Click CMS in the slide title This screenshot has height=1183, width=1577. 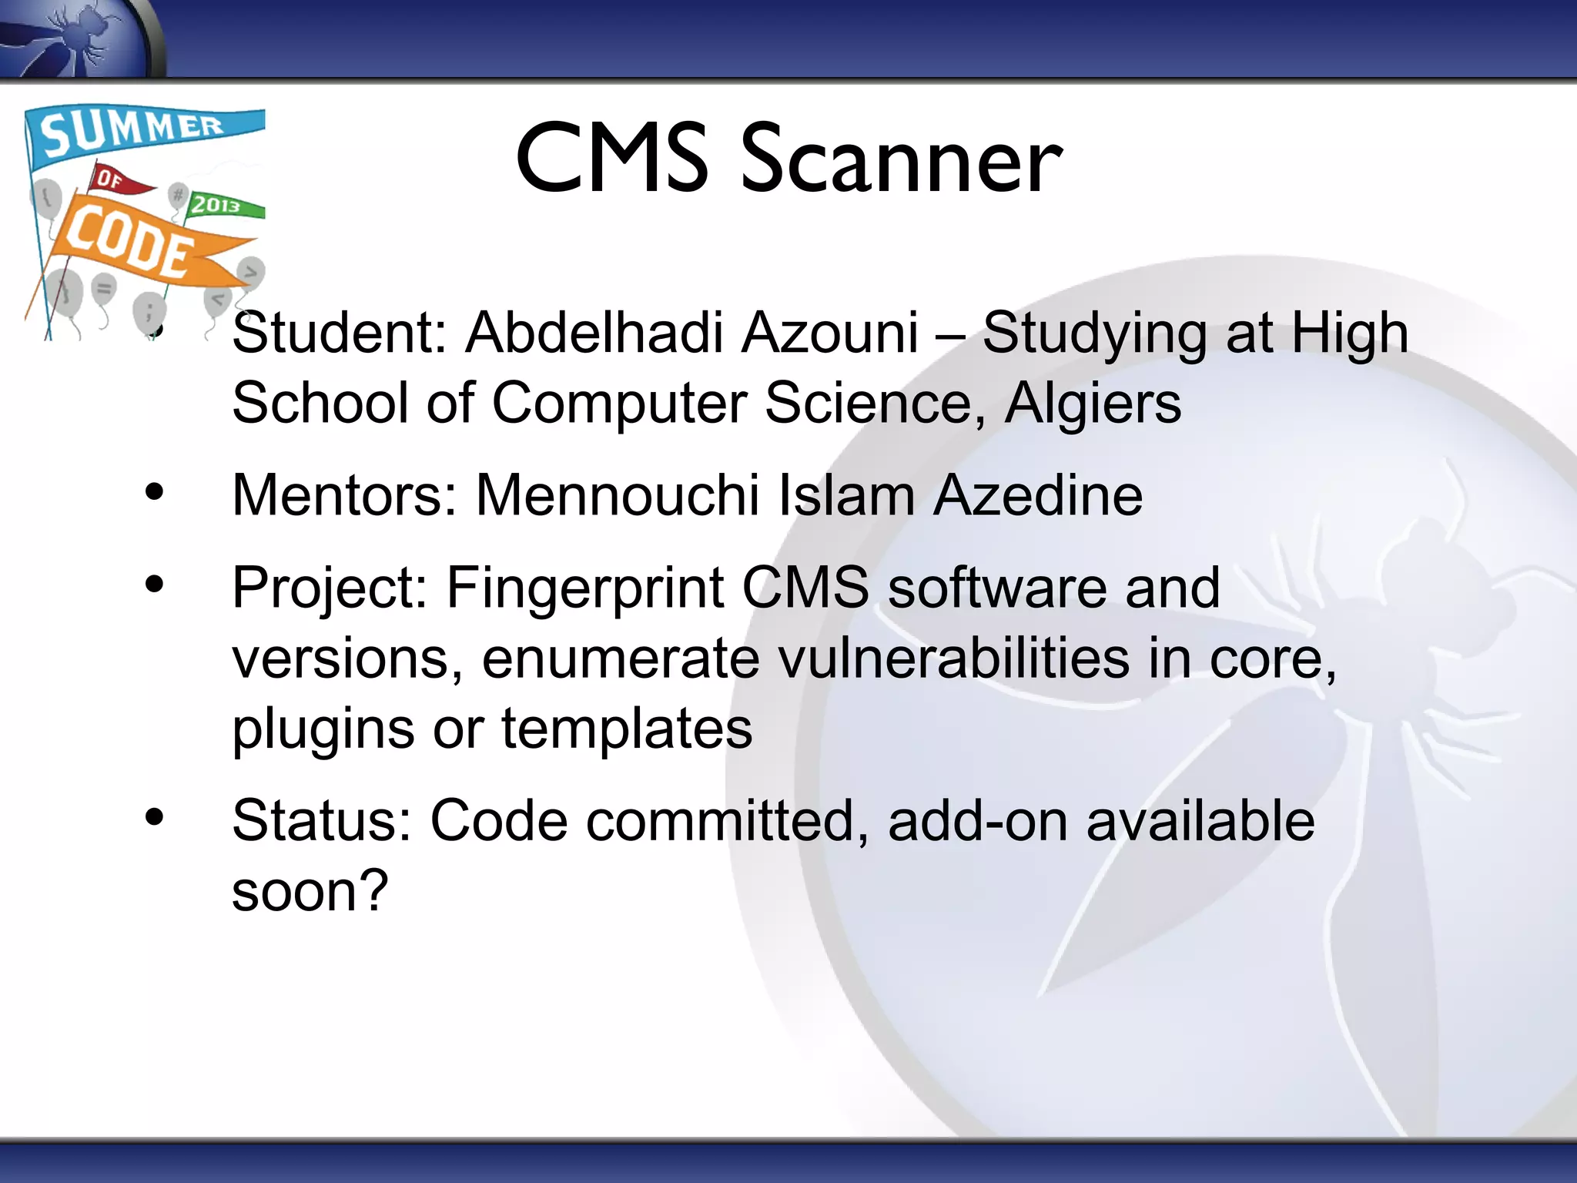(x=612, y=160)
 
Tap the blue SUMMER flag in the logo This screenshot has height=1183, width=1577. (x=139, y=131)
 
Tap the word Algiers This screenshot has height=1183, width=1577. (x=1093, y=403)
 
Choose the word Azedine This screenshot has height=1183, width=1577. (x=1038, y=494)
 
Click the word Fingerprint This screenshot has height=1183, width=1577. (x=585, y=588)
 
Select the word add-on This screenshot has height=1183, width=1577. (x=977, y=821)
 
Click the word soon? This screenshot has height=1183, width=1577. (x=310, y=891)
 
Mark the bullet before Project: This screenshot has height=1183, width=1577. (x=155, y=585)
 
